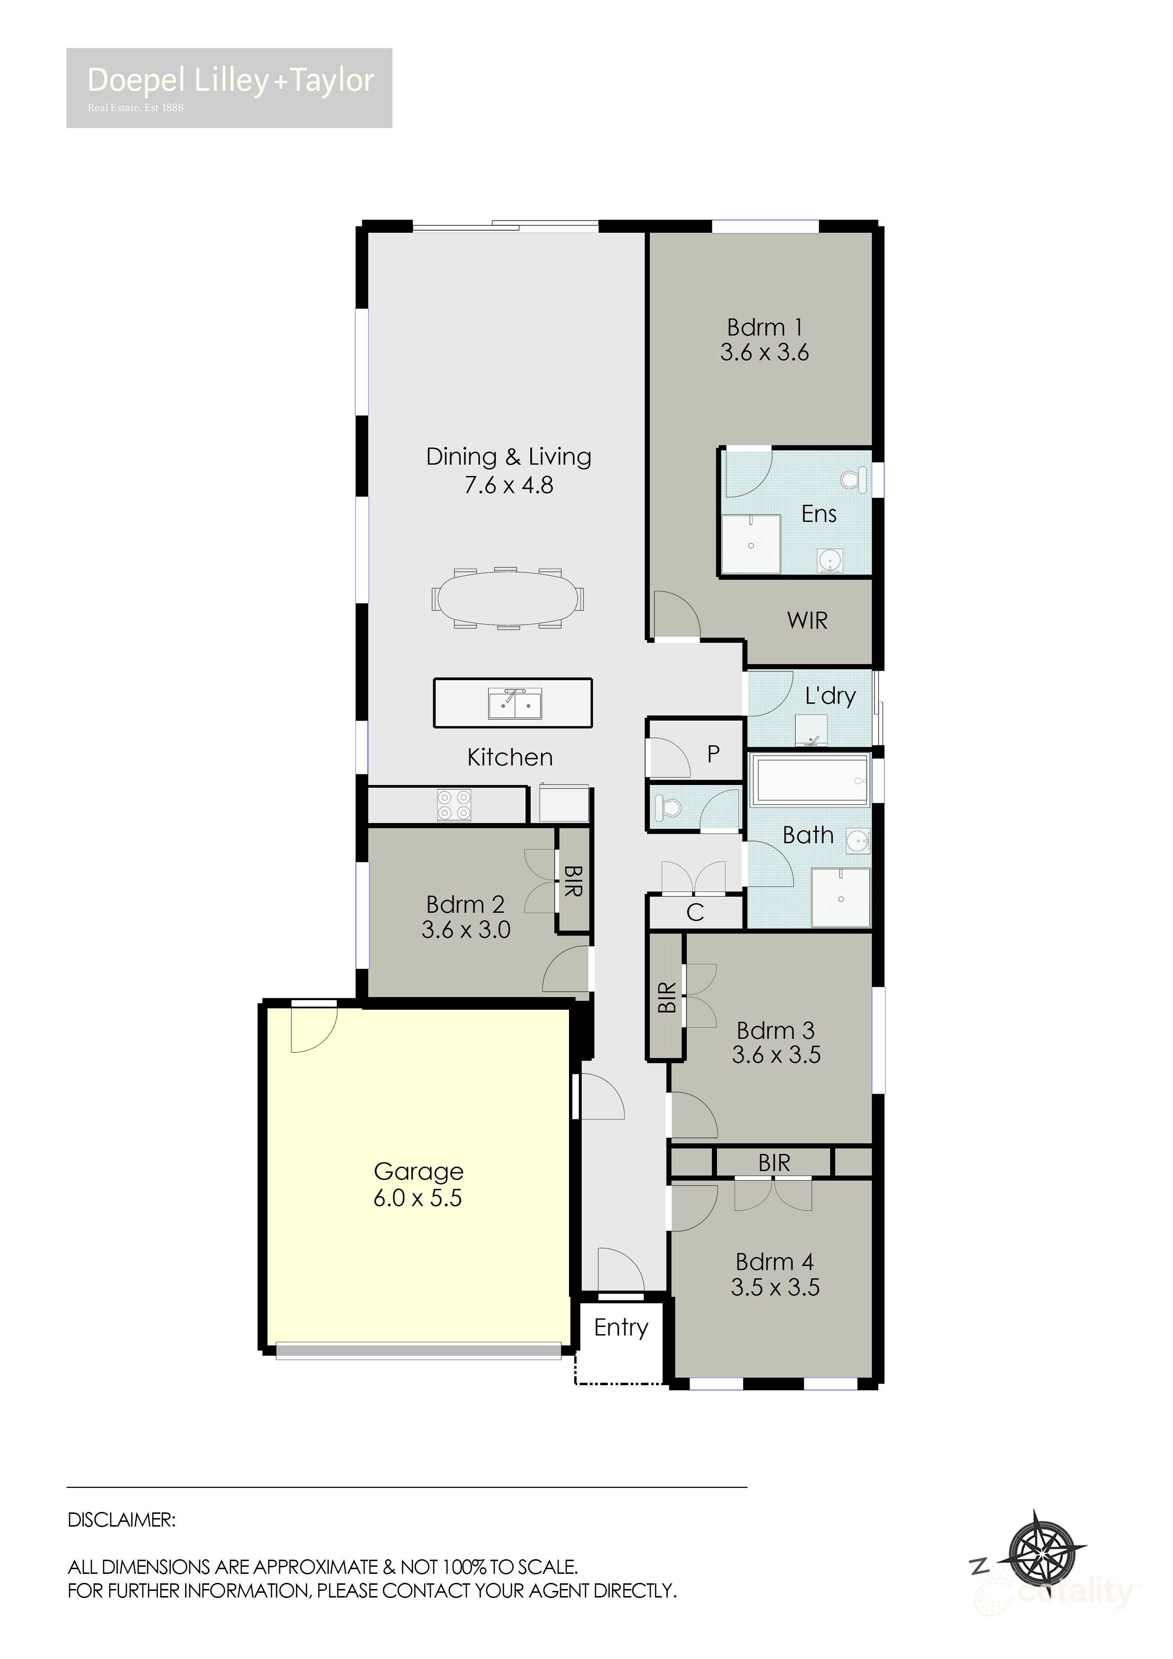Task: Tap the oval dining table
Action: click(x=508, y=598)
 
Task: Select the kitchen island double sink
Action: click(x=515, y=703)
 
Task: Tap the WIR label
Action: click(x=807, y=620)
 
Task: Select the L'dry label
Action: click(x=831, y=696)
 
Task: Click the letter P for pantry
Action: click(x=713, y=754)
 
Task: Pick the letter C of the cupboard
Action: click(x=695, y=913)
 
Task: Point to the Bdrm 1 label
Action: click(x=765, y=327)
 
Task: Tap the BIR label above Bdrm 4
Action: click(x=774, y=1162)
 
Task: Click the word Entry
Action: click(x=621, y=1327)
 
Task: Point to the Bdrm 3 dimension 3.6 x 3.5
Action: click(x=776, y=1055)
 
